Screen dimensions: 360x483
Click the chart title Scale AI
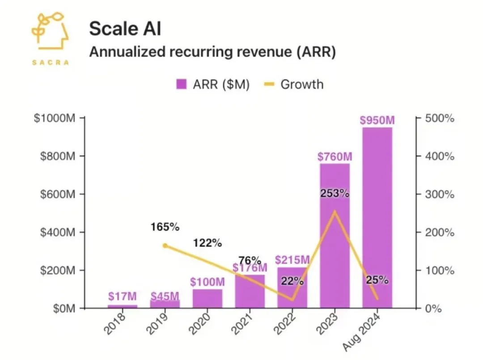point(125,29)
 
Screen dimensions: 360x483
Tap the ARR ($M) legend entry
point(212,84)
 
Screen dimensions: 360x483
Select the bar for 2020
point(208,298)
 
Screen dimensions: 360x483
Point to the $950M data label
point(377,121)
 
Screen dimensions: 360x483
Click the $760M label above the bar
point(335,157)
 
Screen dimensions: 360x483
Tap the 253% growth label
point(335,194)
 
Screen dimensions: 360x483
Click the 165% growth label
point(165,227)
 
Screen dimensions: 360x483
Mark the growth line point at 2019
point(165,246)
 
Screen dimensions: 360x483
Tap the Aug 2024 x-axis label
point(365,331)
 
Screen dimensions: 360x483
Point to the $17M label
point(123,296)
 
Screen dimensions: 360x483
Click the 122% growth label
point(208,243)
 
